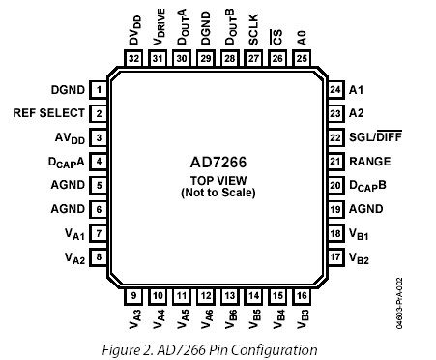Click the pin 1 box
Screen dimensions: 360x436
(x=100, y=90)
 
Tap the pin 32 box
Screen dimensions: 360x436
(x=133, y=59)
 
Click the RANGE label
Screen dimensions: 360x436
(x=370, y=161)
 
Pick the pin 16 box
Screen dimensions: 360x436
(x=304, y=295)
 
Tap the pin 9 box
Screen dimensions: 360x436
(x=133, y=295)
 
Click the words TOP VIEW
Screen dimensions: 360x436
(x=218, y=180)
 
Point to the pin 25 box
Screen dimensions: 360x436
(x=302, y=59)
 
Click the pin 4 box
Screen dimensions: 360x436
(x=100, y=161)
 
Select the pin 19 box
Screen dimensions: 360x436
(x=335, y=208)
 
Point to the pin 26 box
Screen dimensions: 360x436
(x=277, y=59)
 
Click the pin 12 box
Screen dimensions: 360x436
(x=206, y=295)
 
